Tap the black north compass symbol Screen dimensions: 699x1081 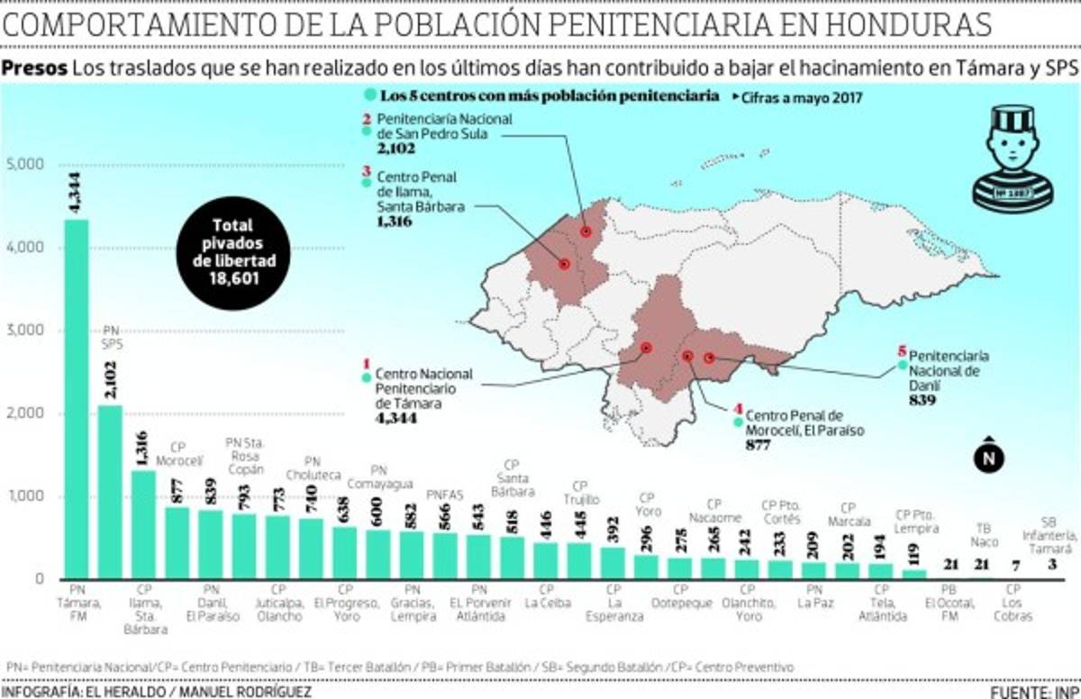(x=988, y=458)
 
